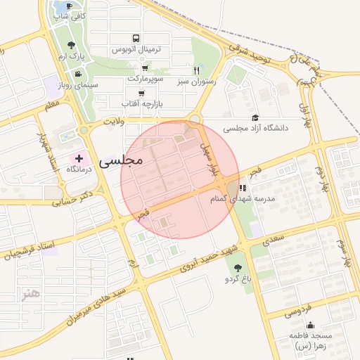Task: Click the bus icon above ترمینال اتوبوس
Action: (x=135, y=39)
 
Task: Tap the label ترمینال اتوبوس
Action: (x=137, y=50)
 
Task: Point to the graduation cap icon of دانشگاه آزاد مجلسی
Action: (x=255, y=118)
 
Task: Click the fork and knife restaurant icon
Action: (x=198, y=70)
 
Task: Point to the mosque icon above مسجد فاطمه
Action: (x=311, y=326)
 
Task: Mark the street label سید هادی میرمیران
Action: (x=94, y=299)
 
